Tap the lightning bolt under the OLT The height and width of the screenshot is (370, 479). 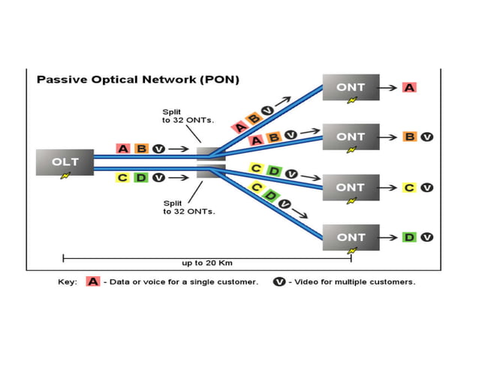pyautogui.click(x=65, y=176)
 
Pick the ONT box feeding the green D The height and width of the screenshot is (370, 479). pyautogui.click(x=351, y=237)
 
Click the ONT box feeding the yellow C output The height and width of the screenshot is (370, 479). pyautogui.click(x=351, y=187)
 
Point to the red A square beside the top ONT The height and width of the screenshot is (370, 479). pyautogui.click(x=408, y=87)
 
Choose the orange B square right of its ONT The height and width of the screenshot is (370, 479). pyautogui.click(x=409, y=137)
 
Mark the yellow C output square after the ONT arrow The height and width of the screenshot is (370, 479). pyautogui.click(x=409, y=187)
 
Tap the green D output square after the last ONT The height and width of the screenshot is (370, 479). pyautogui.click(x=409, y=237)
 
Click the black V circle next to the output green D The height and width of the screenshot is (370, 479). pyautogui.click(x=426, y=237)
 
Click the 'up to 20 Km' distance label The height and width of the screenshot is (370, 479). pyautogui.click(x=207, y=263)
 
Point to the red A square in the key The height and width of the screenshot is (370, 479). pyautogui.click(x=93, y=281)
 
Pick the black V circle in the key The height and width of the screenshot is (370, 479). pyautogui.click(x=278, y=281)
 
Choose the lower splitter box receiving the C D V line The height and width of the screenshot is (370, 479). pyautogui.click(x=209, y=171)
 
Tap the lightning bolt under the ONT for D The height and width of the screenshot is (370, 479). pyautogui.click(x=351, y=251)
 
